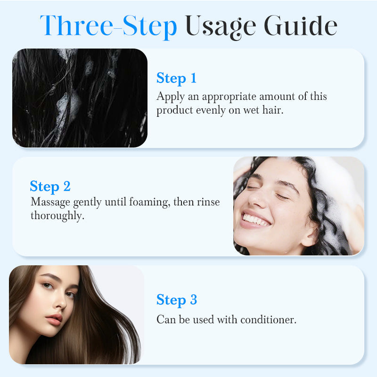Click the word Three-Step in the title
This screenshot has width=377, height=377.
tap(108, 26)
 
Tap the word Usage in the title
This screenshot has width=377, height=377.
tap(221, 27)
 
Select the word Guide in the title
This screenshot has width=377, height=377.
tap(301, 25)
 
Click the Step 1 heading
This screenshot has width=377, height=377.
tap(176, 78)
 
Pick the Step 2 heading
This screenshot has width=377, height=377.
tap(50, 187)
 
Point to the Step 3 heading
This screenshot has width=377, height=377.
tap(177, 300)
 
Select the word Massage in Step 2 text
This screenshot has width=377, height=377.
tap(50, 203)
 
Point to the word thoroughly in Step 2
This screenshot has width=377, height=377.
tap(57, 216)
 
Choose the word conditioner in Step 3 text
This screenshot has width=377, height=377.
tap(268, 320)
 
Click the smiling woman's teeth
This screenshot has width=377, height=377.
tap(256, 220)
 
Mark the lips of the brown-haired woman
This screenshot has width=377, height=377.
tap(55, 320)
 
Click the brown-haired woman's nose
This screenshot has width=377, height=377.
tap(59, 301)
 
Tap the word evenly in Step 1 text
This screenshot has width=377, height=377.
tap(211, 111)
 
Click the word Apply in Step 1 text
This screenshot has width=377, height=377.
tap(171, 97)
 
